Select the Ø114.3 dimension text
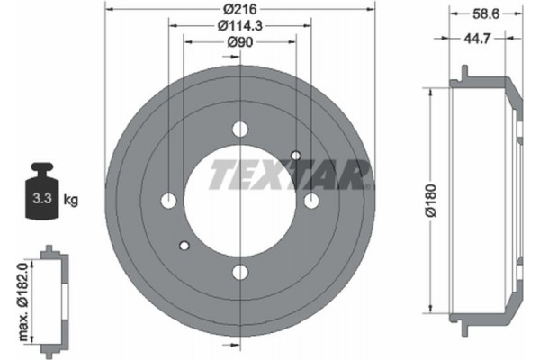240,25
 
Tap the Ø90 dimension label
239,41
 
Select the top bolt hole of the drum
239,130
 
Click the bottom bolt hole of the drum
239,272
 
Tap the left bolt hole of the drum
168,201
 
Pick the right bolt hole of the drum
311,201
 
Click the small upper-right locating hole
296,156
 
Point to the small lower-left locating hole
184,246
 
